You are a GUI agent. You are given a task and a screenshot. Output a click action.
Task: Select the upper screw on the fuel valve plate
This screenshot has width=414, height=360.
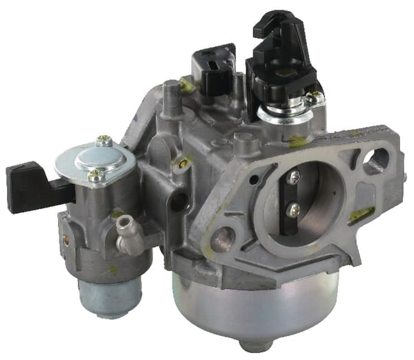coord(104,141)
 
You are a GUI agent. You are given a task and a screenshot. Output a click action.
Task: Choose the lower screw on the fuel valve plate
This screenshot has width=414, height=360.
coord(97,177)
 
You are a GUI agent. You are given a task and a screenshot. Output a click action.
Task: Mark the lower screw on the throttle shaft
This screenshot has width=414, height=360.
coord(294,208)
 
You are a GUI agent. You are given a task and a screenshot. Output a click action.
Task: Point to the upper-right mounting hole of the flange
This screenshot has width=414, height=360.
coord(376,161)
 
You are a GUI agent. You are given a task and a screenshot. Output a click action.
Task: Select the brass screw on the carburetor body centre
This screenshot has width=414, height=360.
coord(183,163)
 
